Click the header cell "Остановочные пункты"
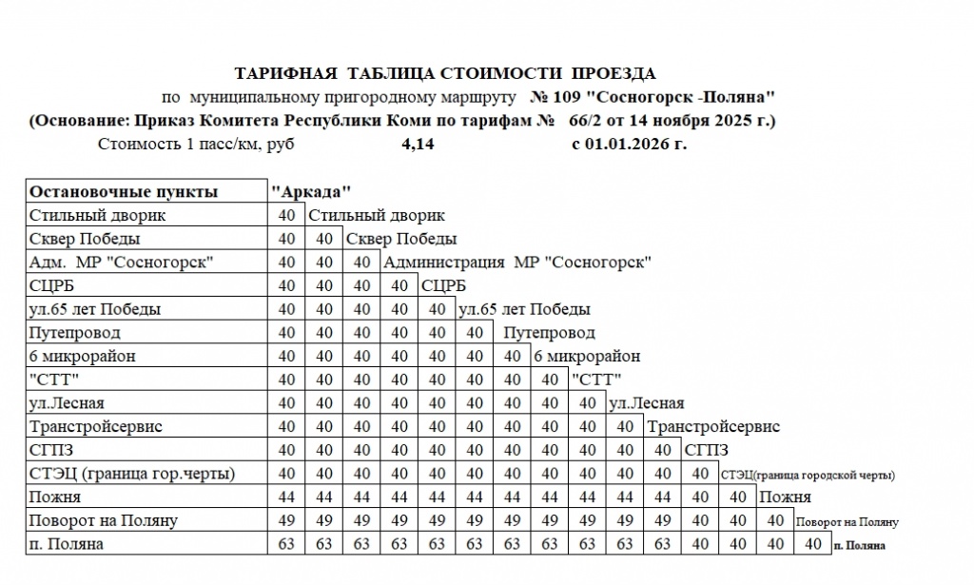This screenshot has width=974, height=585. tap(124, 192)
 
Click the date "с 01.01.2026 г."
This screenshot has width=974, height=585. tap(629, 145)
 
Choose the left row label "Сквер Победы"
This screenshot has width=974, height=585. tap(85, 239)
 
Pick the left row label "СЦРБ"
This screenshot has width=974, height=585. tap(53, 285)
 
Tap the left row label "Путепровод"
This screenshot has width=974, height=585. tap(75, 333)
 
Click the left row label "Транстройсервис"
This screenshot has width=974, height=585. tap(96, 427)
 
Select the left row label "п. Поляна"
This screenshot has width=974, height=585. tap(67, 545)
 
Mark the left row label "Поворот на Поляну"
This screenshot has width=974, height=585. tap(104, 521)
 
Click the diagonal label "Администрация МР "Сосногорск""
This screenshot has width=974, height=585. tap(517, 263)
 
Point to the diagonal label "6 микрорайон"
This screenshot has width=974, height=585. tap(587, 357)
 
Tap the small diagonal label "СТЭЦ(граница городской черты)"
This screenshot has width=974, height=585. tap(808, 475)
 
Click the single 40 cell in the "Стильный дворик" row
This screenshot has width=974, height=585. tap(286, 216)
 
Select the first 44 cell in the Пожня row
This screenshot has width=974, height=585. tap(286, 497)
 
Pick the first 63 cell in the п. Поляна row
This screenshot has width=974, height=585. tap(286, 545)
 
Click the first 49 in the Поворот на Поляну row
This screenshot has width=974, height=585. tap(286, 521)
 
